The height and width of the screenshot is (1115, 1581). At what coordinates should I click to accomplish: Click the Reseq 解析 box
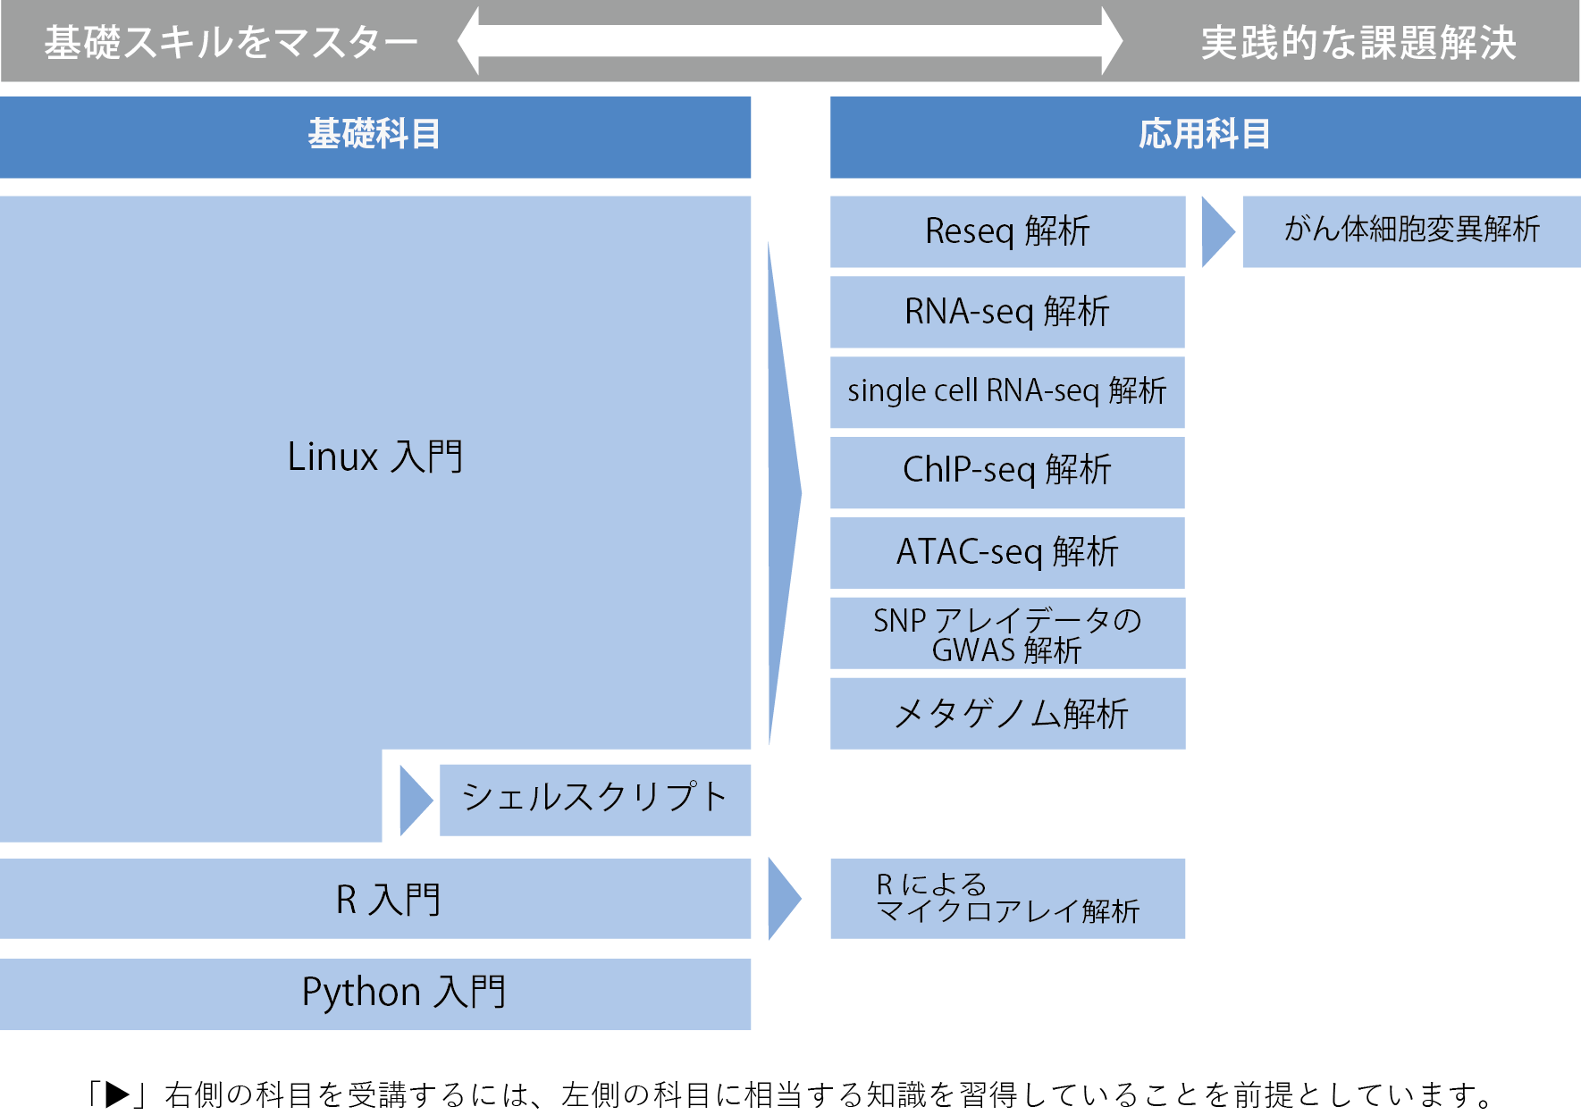coord(1007,231)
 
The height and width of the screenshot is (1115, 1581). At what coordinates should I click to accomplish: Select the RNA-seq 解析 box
coord(1007,312)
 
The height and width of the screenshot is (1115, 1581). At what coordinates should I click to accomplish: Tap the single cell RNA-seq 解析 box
coord(1007,392)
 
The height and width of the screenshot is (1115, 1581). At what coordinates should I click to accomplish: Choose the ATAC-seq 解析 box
coord(1007,552)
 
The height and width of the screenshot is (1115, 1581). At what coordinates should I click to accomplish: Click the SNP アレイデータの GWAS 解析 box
coord(1007,633)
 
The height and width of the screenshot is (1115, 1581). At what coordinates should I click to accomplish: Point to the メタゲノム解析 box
coord(1007,713)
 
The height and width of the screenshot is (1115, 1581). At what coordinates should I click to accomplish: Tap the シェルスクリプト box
coord(595,799)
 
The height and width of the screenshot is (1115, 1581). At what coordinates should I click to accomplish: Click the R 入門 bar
coord(375,899)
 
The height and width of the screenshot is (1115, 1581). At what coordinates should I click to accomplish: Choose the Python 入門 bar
coord(375,993)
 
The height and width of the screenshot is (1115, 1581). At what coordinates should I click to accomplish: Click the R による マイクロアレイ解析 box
coord(1007,899)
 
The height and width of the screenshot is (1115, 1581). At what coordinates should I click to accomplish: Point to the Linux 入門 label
coord(375,457)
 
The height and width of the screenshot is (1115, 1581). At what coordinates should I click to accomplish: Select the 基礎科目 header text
coord(374,135)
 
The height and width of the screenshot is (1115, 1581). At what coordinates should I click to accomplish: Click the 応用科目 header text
coord(1204,135)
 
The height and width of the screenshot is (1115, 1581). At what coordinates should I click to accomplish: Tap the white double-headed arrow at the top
coord(790,41)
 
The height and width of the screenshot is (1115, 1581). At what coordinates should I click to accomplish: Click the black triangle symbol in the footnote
coord(118,1094)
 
